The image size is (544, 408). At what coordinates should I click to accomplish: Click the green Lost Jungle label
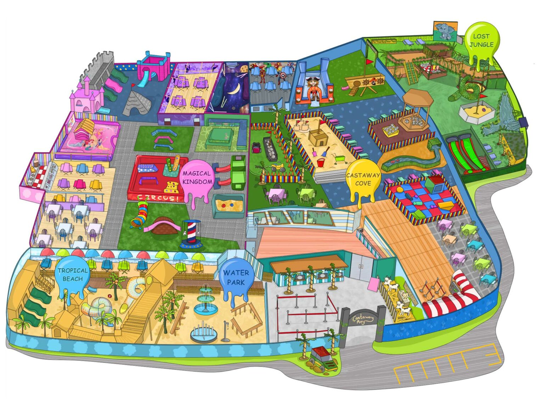pos(481,40)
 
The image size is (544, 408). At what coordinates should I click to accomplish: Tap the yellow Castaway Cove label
pos(363,179)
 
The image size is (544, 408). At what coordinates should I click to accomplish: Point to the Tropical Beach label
pos(73,274)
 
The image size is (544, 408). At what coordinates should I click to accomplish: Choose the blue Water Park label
pos(236,277)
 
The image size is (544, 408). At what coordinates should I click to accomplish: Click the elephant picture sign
pos(445,32)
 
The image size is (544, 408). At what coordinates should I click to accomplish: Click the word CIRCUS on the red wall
pos(158,198)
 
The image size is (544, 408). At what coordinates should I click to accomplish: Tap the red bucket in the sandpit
pos(321,163)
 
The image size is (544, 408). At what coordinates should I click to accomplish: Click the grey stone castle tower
pos(97,69)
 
